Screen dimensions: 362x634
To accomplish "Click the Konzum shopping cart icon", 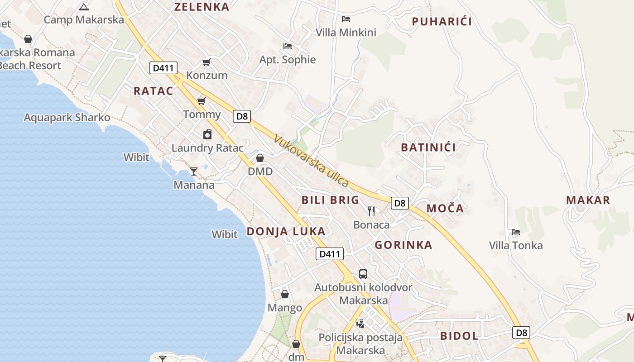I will coord(206,62).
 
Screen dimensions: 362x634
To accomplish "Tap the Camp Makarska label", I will coord(84,19).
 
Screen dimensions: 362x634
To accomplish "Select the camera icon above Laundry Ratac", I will coord(207,134).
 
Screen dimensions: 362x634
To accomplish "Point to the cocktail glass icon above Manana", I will coord(194,171).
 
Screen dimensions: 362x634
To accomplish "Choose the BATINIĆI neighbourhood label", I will coord(428,147).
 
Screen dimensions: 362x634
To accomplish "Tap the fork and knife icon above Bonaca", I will coord(371,211).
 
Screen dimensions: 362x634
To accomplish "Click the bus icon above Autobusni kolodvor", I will coord(363,274).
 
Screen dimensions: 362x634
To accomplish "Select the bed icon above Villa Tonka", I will coord(515,232).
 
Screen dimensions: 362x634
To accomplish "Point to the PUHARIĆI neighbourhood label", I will coord(442,21).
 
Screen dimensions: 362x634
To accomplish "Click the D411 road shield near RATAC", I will coord(163,68).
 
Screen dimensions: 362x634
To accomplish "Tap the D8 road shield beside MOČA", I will coord(399,203).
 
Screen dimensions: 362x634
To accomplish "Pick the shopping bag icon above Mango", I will coord(285,295).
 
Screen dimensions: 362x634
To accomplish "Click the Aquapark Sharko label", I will coord(67,118).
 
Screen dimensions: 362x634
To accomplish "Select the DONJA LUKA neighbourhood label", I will coord(286,231).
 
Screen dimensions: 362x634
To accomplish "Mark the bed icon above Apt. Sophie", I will coord(287,46).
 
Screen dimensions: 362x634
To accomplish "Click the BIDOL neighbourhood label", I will coord(459,336).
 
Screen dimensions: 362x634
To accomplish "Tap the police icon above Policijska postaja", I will coord(360,323).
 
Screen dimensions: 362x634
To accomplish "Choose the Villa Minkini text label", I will coord(346,32).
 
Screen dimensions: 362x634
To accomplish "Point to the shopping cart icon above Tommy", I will coord(202,101).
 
